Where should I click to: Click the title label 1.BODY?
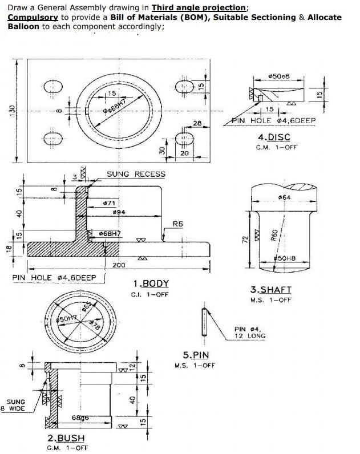(x=151, y=284)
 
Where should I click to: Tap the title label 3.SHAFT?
(x=270, y=290)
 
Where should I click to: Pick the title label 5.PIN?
(x=195, y=355)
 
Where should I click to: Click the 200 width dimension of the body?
(x=119, y=266)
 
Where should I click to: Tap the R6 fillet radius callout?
(x=178, y=224)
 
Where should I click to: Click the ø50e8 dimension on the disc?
(x=279, y=76)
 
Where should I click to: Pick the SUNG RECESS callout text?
(x=136, y=174)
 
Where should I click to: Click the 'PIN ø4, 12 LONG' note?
(x=249, y=333)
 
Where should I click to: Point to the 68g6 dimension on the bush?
(x=80, y=418)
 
